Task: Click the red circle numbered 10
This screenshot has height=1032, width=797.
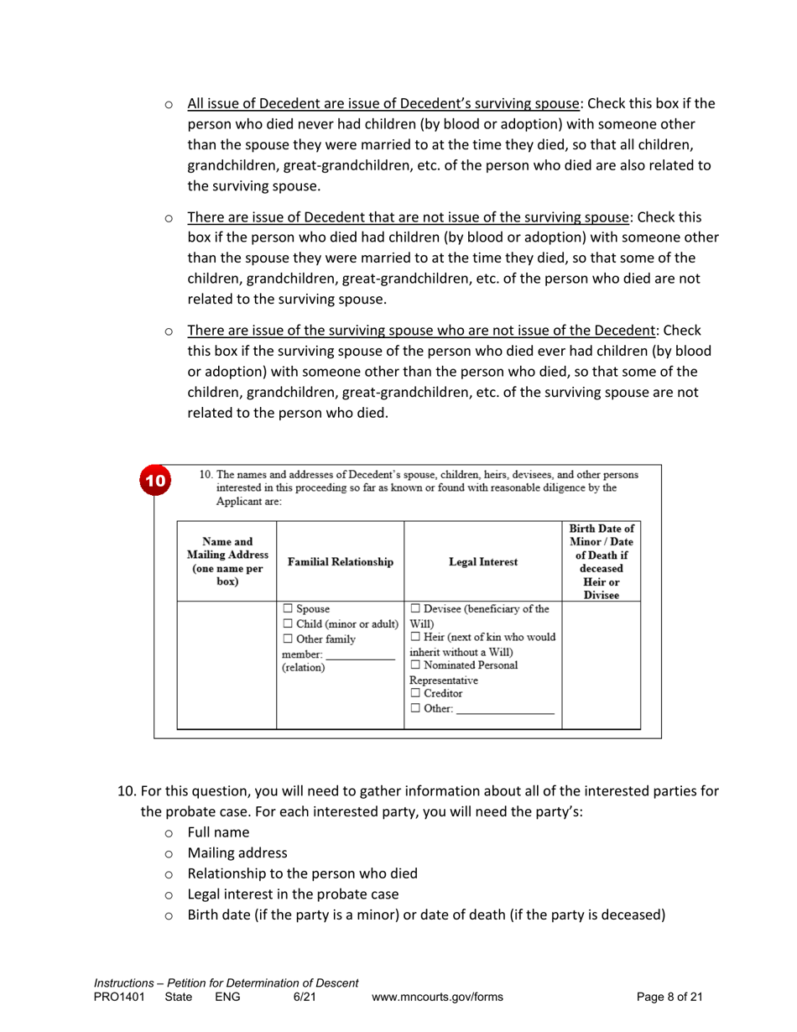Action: pyautogui.click(x=156, y=481)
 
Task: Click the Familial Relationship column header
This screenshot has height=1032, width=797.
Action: pyautogui.click(x=340, y=562)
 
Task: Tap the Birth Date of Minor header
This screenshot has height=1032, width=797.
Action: pyautogui.click(x=601, y=562)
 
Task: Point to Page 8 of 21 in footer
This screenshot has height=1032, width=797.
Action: pyautogui.click(x=669, y=997)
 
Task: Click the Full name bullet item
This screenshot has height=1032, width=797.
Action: pyautogui.click(x=218, y=832)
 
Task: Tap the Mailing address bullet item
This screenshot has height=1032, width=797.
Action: pyautogui.click(x=237, y=852)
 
